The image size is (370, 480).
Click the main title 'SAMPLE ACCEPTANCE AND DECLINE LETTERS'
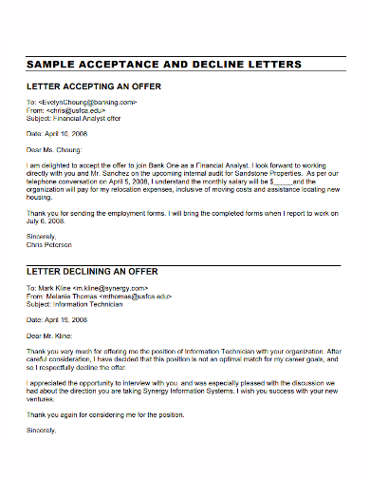click(164, 64)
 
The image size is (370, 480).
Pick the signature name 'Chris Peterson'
click(49, 244)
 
